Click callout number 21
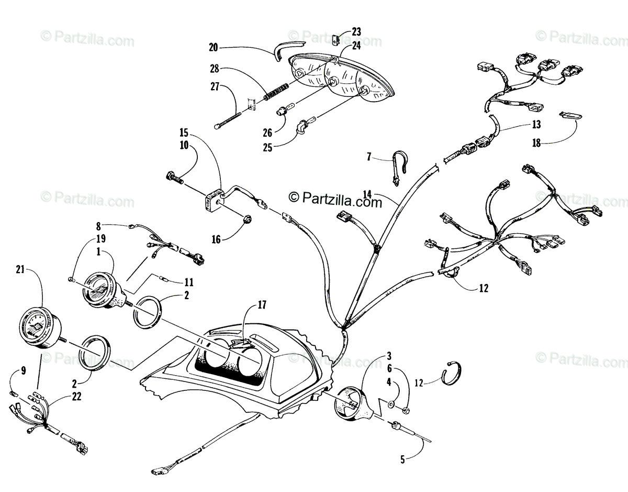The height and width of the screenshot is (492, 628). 20,270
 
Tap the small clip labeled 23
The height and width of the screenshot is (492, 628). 335,40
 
